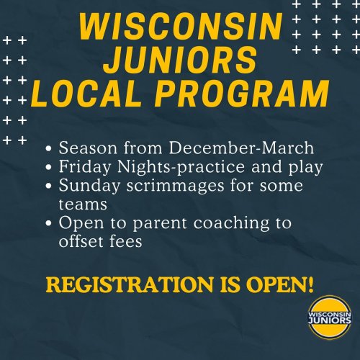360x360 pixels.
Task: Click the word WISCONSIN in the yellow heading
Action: coord(181,26)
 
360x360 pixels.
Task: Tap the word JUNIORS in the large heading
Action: coord(181,60)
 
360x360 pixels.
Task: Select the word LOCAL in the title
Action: coord(86,93)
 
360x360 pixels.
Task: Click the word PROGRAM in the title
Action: coord(242,93)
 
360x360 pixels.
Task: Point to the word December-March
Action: coord(241,148)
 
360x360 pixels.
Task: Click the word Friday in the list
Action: coord(85,167)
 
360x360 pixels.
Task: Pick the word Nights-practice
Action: coord(181,167)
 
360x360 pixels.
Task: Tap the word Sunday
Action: coord(89,186)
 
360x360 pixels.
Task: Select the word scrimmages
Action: coord(176,186)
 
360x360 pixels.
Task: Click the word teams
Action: coord(83,204)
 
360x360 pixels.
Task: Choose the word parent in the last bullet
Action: coord(160,224)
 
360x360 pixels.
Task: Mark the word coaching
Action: coord(231,224)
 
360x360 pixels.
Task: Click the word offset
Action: coord(81,241)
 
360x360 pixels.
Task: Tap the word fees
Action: coord(126,241)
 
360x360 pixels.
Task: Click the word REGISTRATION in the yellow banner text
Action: coord(130,284)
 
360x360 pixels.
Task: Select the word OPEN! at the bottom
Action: coord(280,284)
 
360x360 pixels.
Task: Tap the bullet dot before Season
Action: coord(48,148)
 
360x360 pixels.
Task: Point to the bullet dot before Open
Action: coord(48,223)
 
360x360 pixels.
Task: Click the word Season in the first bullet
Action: coord(88,148)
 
